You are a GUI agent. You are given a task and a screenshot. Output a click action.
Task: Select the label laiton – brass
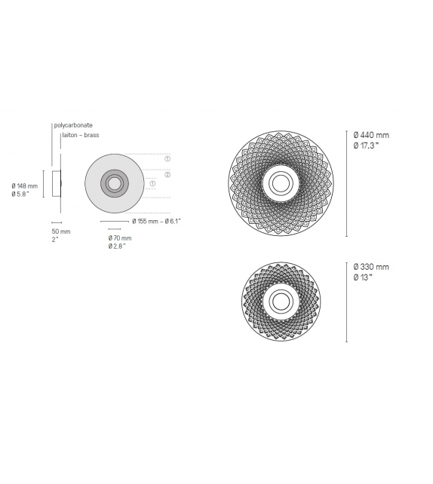[x=81, y=135]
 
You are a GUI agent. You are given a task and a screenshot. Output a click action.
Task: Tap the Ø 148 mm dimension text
[x=25, y=185]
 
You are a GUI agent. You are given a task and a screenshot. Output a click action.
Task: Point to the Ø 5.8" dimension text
[x=22, y=194]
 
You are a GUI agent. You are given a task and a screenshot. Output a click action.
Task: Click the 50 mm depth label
[x=60, y=231]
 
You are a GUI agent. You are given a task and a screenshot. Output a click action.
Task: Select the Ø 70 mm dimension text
[x=119, y=238]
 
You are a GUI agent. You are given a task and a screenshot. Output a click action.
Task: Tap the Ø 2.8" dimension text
[x=117, y=247]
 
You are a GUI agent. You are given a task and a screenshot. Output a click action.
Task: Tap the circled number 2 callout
[x=167, y=174]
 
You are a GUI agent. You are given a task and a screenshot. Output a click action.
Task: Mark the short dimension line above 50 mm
[x=56, y=222]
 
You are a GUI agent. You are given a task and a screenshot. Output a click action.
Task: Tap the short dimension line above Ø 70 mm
[x=115, y=229]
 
